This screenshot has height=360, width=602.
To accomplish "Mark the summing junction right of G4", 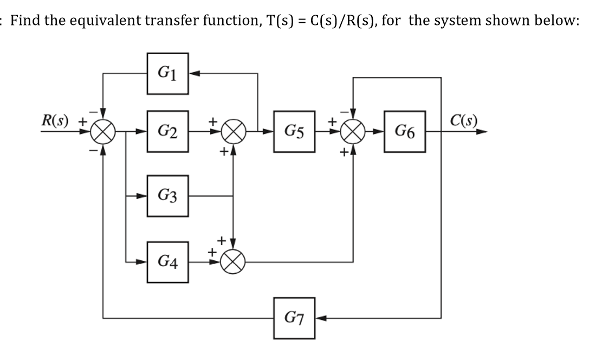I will point(233,261).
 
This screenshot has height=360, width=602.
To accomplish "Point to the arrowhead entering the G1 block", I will point(193,73).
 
